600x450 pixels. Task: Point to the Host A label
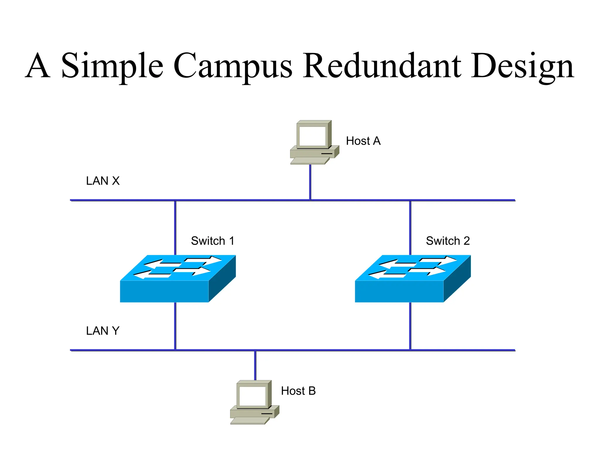[363, 141]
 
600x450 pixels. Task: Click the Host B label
[298, 391]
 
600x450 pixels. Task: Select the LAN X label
[103, 181]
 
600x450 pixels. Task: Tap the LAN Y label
[103, 331]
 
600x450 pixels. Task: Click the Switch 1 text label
[213, 241]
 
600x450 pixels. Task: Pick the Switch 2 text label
[448, 241]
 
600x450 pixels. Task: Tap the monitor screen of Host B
[252, 396]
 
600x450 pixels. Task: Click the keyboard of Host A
[310, 161]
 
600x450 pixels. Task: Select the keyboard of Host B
[250, 421]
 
